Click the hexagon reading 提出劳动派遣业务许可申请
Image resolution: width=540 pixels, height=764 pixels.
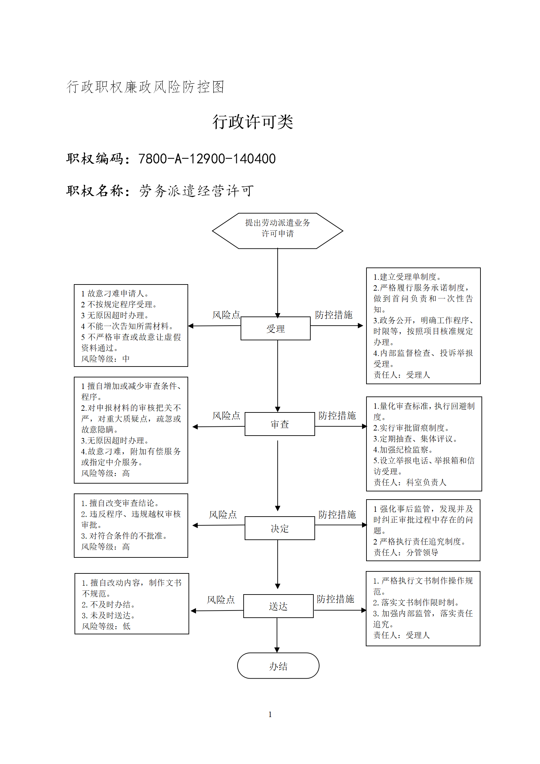tap(277, 231)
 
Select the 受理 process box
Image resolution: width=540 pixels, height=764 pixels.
tap(276, 328)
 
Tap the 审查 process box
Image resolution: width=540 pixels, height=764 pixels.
tap(280, 424)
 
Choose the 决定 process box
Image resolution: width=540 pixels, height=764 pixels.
tap(280, 528)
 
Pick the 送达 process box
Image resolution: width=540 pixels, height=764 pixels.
tap(278, 606)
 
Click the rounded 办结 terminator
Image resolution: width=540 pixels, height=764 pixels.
tap(278, 666)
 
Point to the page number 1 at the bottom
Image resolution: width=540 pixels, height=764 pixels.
tap(270, 714)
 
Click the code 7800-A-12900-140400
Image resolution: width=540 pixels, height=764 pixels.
tap(207, 159)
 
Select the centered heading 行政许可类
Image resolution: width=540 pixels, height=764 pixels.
tap(253, 121)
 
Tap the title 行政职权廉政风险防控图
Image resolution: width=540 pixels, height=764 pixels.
tap(145, 87)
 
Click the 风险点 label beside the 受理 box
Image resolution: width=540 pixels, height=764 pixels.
tap(226, 315)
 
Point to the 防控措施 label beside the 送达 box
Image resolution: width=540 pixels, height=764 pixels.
tap(336, 599)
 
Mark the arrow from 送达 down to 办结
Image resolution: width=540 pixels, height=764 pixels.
tap(277, 635)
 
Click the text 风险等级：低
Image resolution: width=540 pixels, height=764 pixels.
tap(106, 626)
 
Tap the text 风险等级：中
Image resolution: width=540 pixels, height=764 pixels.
tap(105, 359)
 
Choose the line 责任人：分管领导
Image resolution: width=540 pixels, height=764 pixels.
tap(406, 552)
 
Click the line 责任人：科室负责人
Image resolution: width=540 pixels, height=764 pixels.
tap(410, 482)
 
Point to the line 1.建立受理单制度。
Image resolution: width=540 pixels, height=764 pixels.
tap(407, 277)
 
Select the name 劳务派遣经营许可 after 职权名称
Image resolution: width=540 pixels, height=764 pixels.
tap(197, 191)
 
